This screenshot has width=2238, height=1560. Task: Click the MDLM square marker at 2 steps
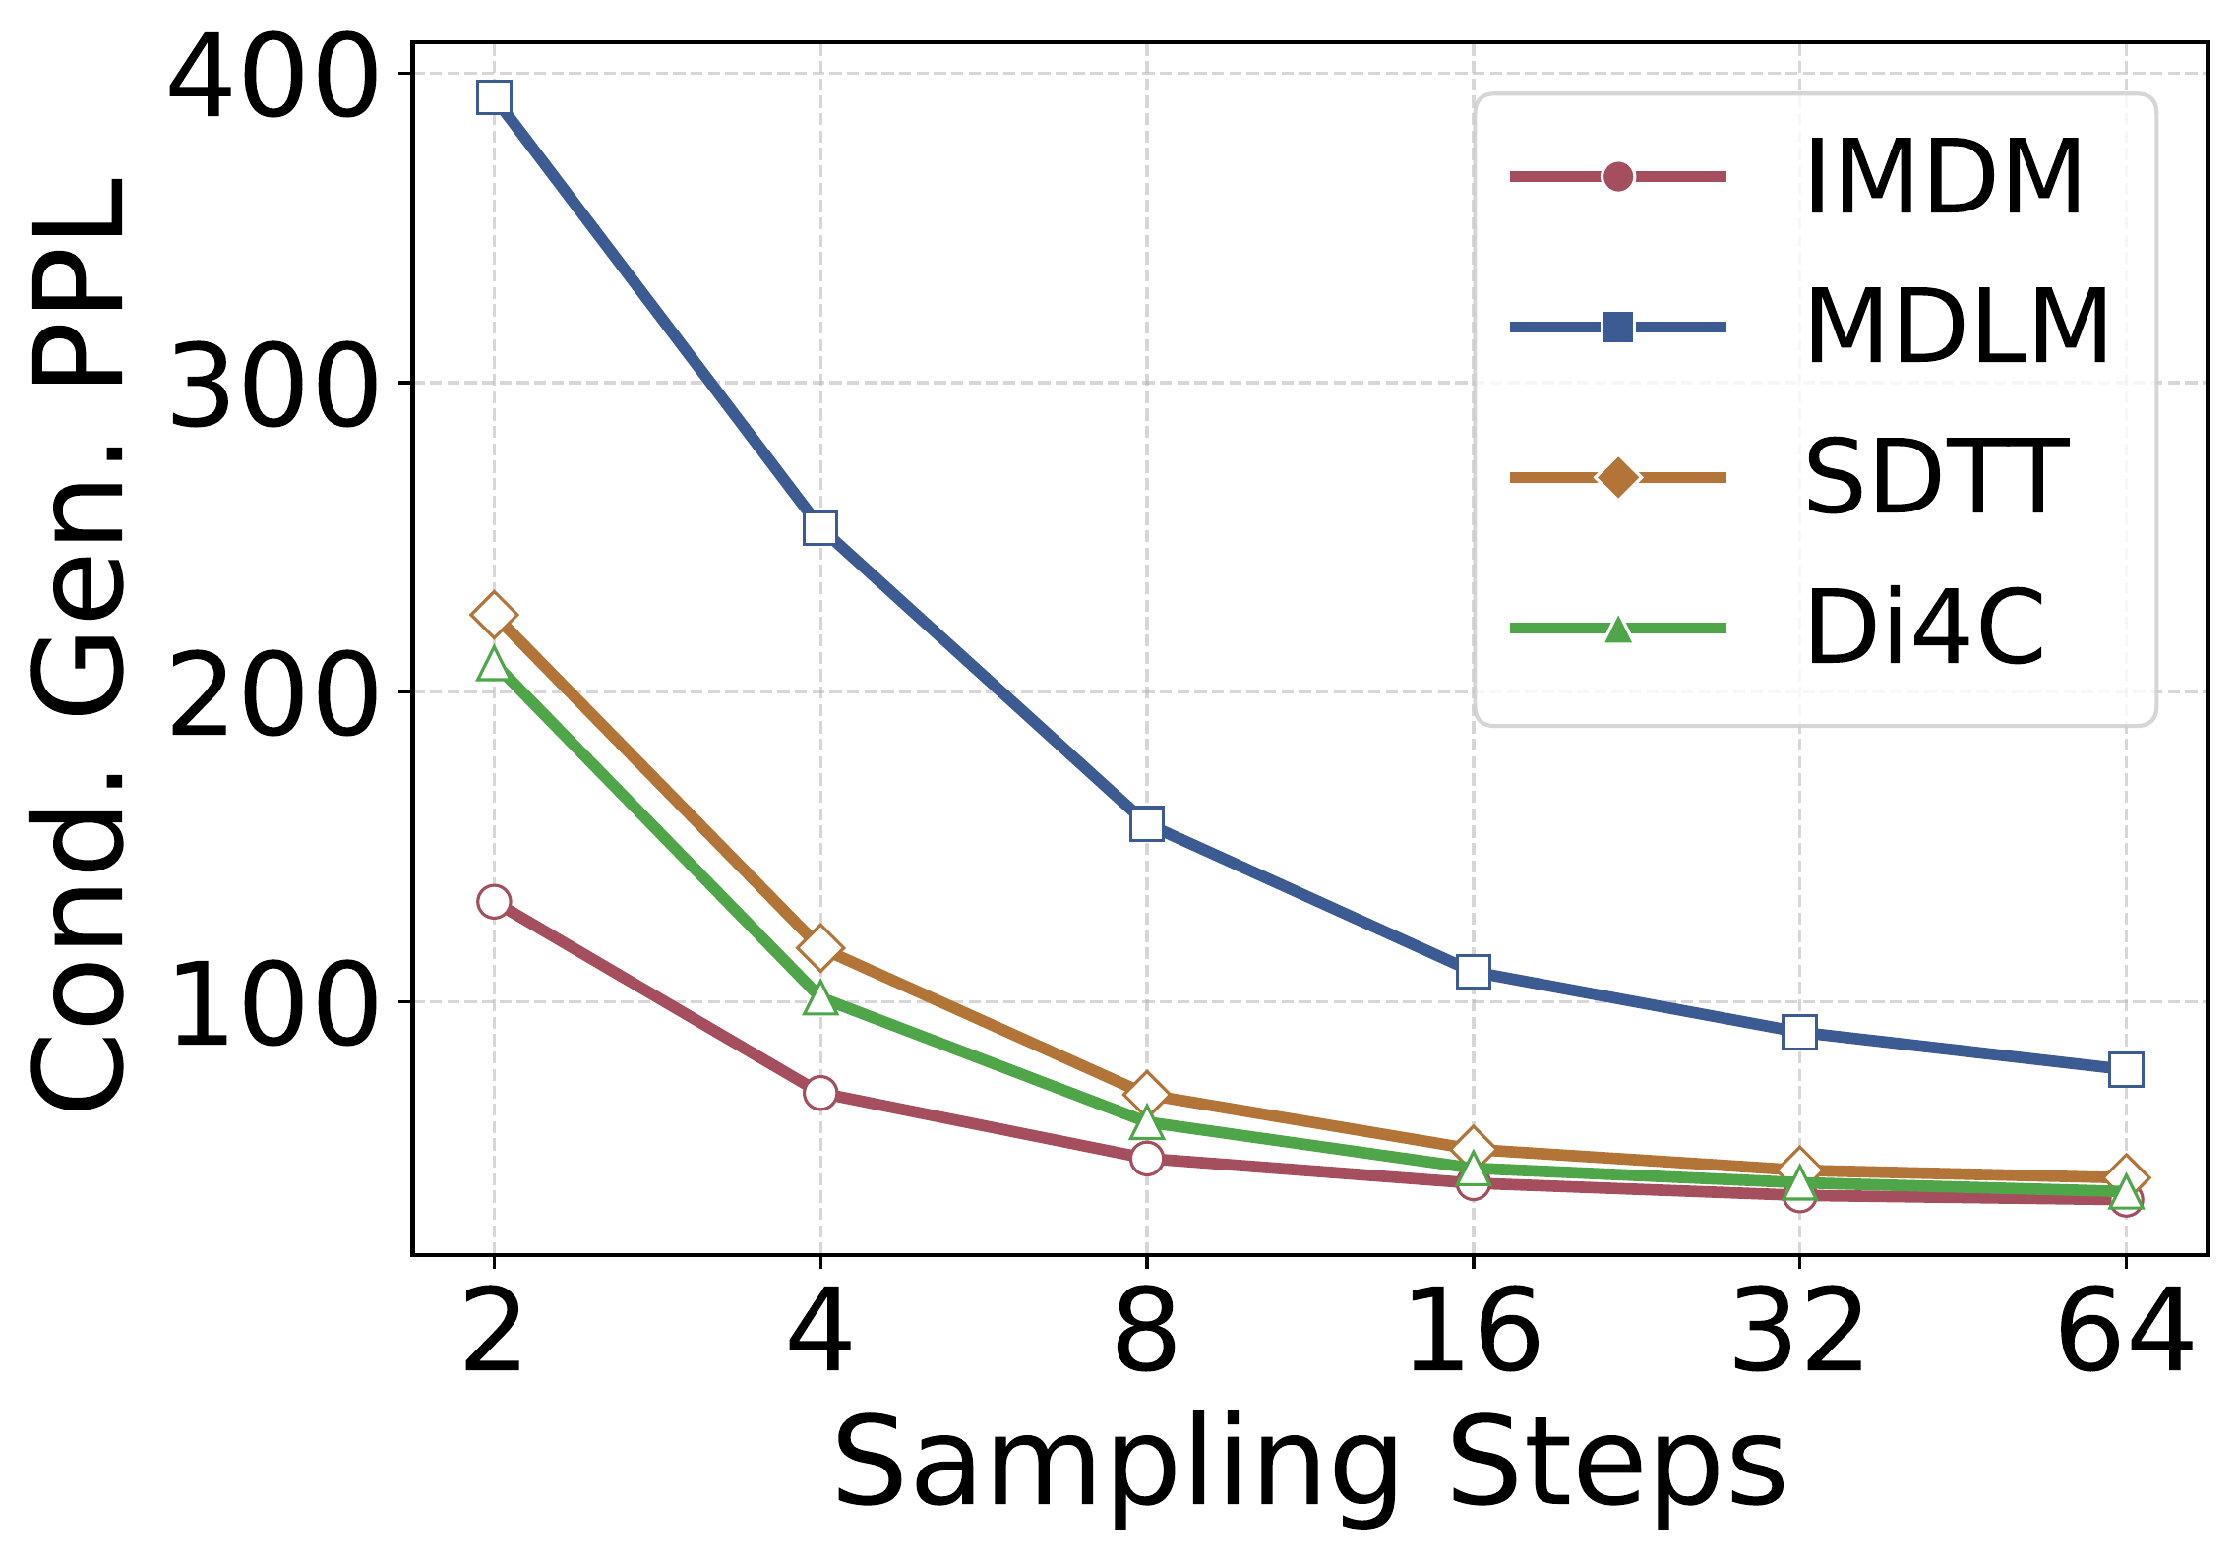coord(494,97)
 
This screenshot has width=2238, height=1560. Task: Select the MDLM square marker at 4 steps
coord(820,528)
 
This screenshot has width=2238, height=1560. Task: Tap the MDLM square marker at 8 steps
coord(1147,823)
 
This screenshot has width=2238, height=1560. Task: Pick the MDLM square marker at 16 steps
coord(1473,972)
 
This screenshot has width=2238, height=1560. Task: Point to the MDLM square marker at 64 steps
coord(2126,1069)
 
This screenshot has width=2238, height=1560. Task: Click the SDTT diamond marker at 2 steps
coord(494,615)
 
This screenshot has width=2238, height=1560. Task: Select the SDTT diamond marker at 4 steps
coord(820,947)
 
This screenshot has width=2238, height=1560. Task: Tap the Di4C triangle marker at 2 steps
coord(494,663)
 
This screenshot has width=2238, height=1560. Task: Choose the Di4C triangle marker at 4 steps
coord(820,998)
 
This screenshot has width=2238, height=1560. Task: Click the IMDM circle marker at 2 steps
coord(494,901)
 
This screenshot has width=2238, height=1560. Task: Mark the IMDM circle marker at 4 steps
coord(820,1092)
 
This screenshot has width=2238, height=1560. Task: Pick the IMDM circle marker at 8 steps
coord(1147,1159)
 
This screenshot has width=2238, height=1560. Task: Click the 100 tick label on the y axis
coord(272,1002)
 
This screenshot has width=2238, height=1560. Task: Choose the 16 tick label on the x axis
coord(1473,1333)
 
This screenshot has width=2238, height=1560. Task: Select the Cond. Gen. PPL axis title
coord(79,645)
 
